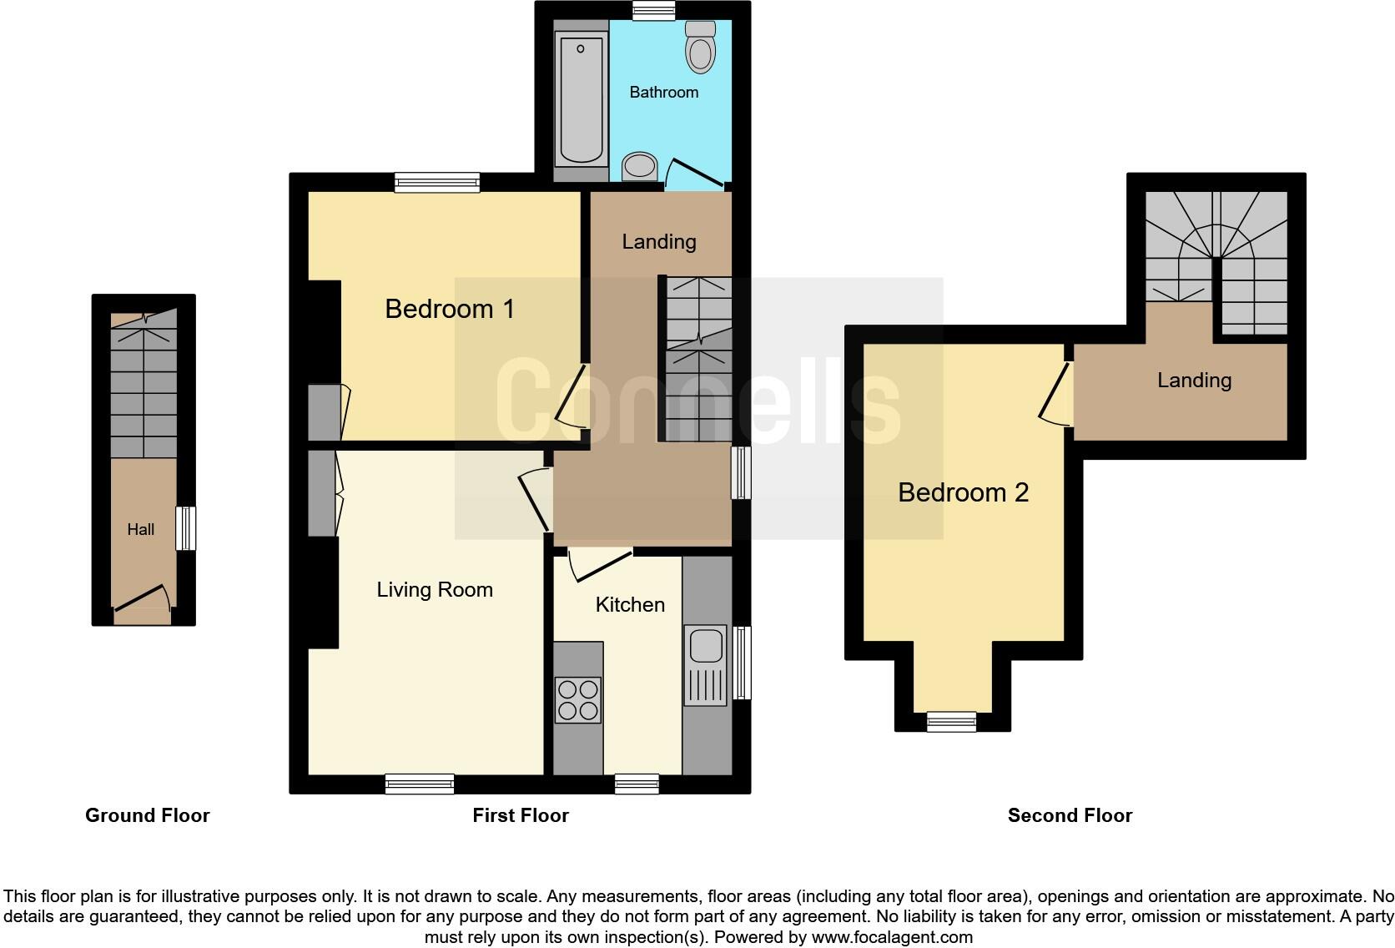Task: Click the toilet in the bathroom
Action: click(701, 48)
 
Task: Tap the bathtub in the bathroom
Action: click(581, 98)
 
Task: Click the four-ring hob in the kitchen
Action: click(577, 699)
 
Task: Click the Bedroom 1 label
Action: click(449, 309)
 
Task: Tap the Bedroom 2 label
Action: click(963, 492)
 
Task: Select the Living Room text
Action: click(435, 590)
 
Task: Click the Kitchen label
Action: click(630, 604)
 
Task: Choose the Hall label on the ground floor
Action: click(140, 529)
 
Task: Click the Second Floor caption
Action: click(1070, 815)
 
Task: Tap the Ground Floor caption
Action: click(147, 815)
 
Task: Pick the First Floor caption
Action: click(521, 815)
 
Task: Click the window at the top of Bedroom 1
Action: click(437, 182)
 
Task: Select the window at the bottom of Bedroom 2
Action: click(952, 722)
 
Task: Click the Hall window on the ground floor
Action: click(186, 528)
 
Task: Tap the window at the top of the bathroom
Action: click(653, 10)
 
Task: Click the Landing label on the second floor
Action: click(1194, 381)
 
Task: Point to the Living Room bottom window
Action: click(420, 784)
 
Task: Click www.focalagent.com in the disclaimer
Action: click(892, 937)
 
